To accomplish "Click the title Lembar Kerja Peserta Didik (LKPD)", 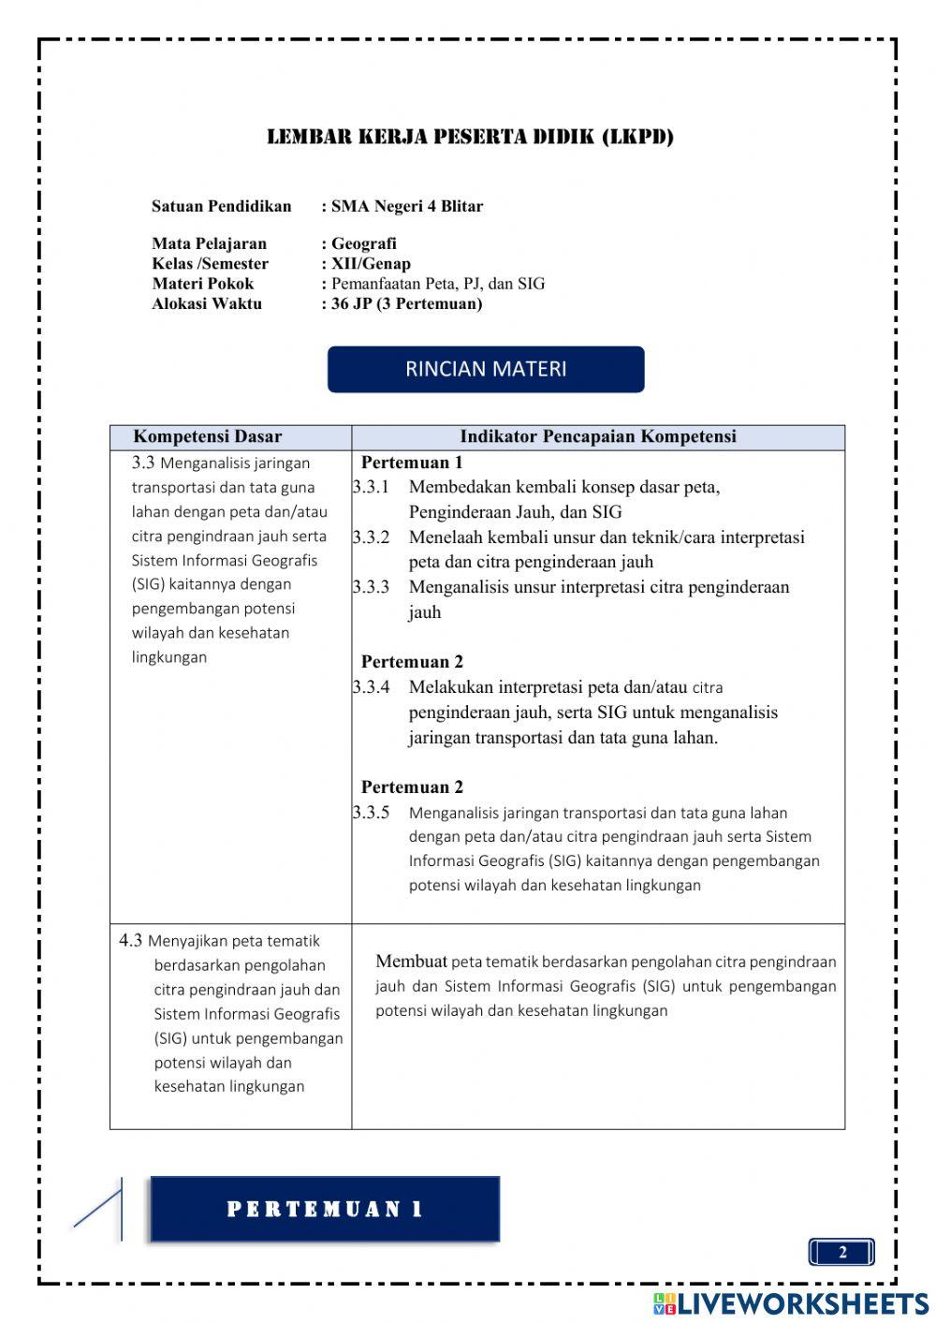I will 470,137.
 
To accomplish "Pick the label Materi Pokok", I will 202,284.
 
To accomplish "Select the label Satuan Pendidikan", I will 221,206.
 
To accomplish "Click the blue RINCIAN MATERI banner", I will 486,369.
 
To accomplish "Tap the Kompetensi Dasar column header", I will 207,436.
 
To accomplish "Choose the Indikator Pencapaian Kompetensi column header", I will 598,436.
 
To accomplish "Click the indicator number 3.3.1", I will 371,487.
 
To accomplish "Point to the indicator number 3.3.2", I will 371,537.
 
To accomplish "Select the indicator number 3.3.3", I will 371,587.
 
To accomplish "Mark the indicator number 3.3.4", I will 371,687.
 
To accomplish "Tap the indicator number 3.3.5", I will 371,813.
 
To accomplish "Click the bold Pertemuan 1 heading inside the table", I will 412,463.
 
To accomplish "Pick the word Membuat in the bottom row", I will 411,961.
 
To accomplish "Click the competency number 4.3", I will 130,940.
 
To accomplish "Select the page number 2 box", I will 841,1253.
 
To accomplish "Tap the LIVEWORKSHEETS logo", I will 791,1303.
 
